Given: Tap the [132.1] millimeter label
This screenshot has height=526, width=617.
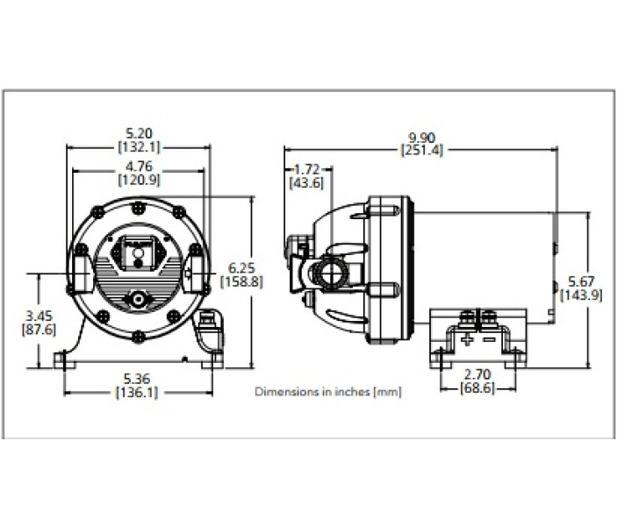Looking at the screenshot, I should tap(139, 147).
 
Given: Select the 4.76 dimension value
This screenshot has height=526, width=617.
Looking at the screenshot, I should tap(139, 167).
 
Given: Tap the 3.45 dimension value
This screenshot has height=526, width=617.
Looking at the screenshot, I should tap(38, 314).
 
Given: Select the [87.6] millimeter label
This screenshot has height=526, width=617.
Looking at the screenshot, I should tap(38, 329).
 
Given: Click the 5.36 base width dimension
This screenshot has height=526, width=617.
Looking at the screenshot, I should tap(139, 380).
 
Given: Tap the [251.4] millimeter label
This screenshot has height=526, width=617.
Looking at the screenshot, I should tap(422, 150).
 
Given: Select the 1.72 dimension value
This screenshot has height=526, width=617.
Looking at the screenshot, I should tap(306, 168).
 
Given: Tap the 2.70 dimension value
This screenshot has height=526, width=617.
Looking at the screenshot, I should tap(477, 373).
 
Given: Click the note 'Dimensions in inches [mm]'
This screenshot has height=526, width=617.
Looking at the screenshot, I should tap(327, 392).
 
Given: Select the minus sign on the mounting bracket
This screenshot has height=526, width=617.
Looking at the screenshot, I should tap(489, 338).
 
